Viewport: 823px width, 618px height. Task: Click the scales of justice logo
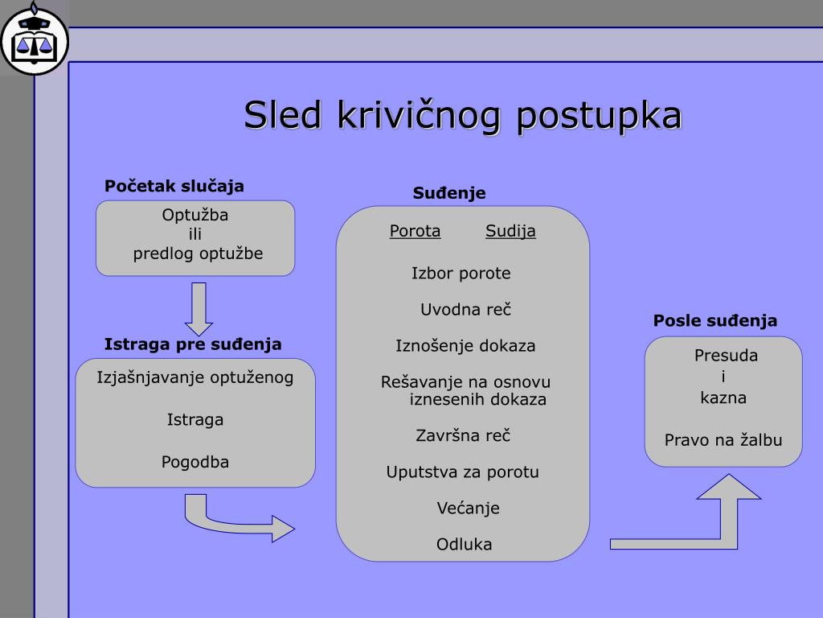click(35, 41)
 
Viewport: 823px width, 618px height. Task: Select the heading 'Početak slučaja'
click(174, 186)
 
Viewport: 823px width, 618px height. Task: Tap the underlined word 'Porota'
click(415, 231)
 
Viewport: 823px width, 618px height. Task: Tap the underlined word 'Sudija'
click(510, 231)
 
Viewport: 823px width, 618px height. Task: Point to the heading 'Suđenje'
click(449, 193)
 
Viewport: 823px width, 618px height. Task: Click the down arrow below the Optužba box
click(199, 309)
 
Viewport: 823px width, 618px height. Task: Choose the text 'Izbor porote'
click(461, 274)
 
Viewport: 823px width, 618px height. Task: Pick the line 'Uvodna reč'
click(465, 310)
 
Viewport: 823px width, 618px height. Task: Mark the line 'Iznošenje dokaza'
click(465, 346)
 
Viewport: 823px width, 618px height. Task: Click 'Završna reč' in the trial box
click(463, 435)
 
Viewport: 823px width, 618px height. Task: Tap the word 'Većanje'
click(469, 509)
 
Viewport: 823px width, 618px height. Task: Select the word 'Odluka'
click(465, 545)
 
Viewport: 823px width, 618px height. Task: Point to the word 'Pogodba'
click(195, 462)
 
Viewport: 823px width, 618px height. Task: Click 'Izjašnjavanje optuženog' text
click(195, 378)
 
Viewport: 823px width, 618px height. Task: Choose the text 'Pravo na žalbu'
click(723, 440)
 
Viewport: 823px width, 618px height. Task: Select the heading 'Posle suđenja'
click(714, 320)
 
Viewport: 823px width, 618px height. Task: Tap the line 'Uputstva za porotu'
click(462, 472)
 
